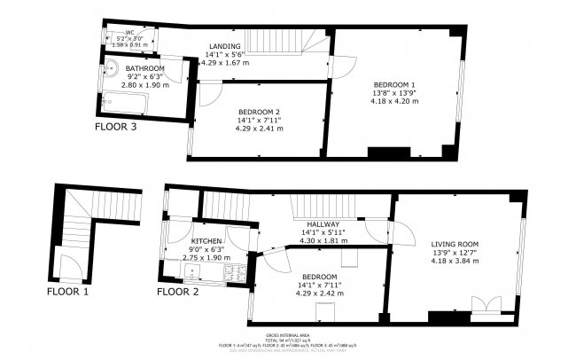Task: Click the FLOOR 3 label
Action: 121,127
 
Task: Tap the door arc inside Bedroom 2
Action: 210,94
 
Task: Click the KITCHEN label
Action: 206,241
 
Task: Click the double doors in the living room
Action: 485,306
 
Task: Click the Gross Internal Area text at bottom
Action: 287,336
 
